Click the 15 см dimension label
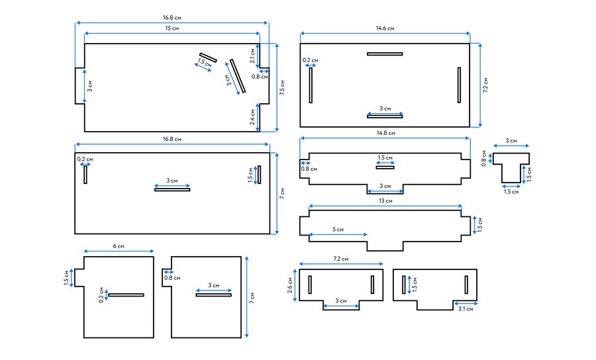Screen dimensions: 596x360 tap(172, 28)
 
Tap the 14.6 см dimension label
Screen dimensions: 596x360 tap(385, 28)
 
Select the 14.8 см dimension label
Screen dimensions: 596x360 tap(386, 133)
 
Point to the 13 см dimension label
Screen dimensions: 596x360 tap(385, 201)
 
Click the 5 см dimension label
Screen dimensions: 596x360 tap(338, 230)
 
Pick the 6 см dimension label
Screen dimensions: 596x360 tap(119, 246)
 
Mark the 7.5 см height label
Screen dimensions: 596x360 tap(282, 87)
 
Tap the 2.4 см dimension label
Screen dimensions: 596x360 tap(252, 117)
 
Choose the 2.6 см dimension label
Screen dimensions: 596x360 tap(290, 285)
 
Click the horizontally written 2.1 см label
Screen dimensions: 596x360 tap(466, 309)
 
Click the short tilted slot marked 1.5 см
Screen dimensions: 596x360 tap(208, 58)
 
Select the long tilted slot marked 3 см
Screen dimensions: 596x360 tap(238, 76)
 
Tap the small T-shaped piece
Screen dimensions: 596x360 tap(511, 167)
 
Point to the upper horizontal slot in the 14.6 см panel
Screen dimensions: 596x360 tap(385, 54)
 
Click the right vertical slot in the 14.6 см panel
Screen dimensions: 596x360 tap(459, 85)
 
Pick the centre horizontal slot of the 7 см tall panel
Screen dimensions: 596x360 tap(172, 189)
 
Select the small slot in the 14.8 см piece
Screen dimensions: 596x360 tap(385, 167)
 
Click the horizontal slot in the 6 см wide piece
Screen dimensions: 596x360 tap(126, 294)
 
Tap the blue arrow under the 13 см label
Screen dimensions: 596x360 tap(385, 206)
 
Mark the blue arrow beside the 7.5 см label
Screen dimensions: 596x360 tap(277, 88)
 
